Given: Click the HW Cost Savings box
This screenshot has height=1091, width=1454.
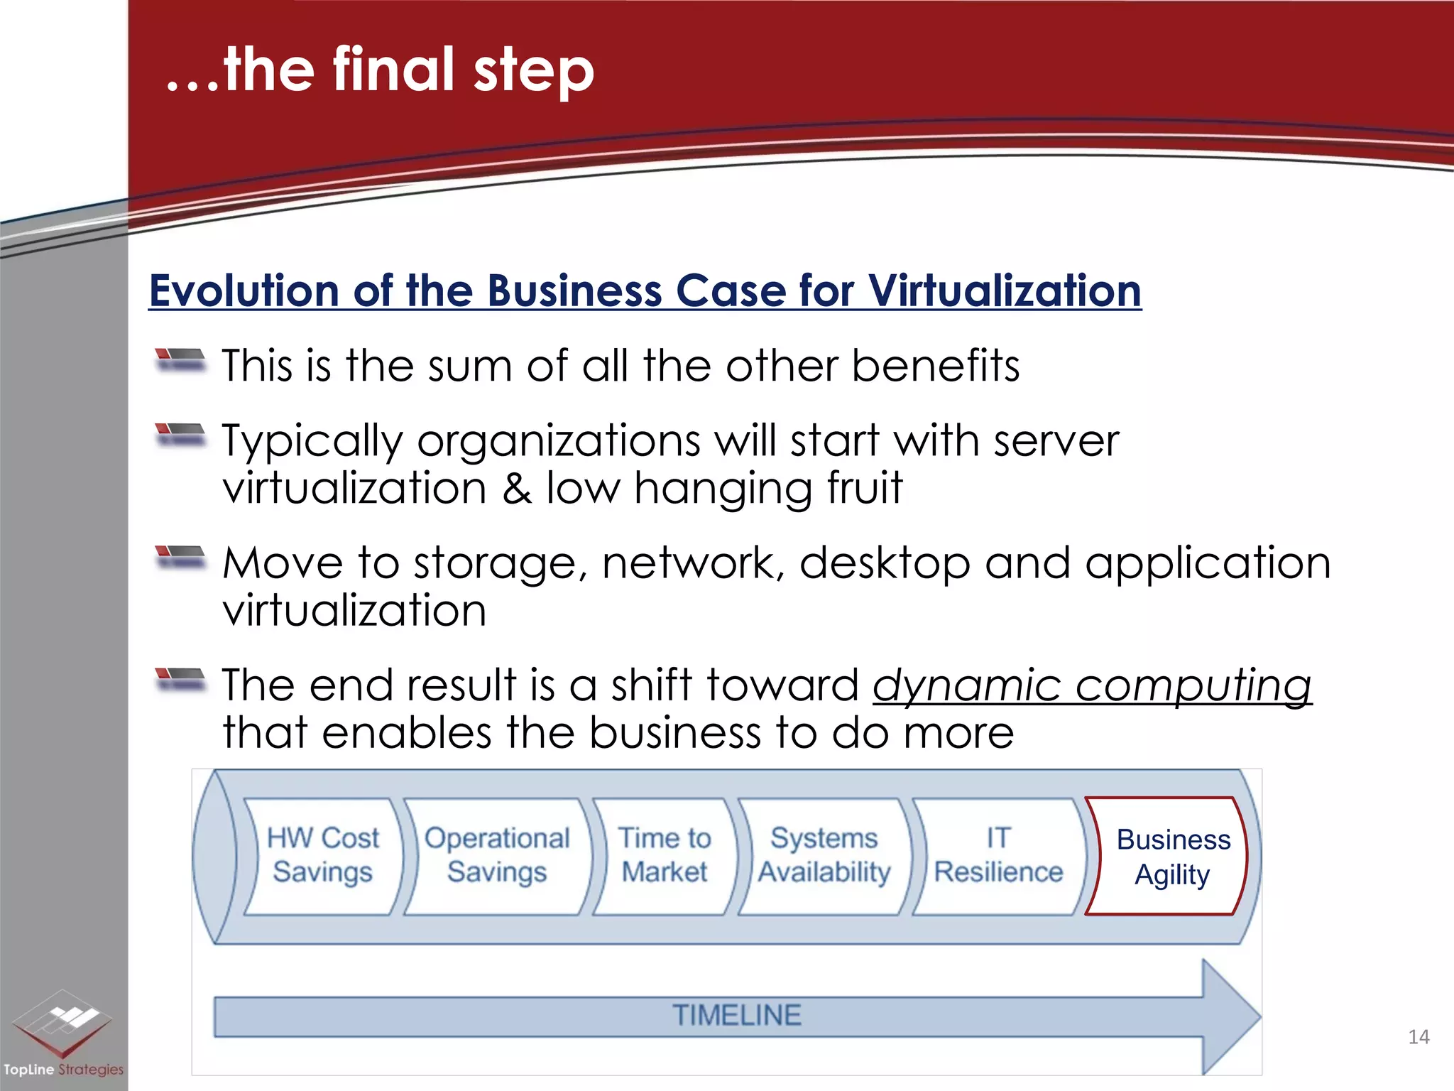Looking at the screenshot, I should [323, 855].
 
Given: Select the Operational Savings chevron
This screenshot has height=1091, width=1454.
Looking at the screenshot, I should [497, 855].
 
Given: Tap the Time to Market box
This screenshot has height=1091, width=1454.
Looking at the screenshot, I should [664, 855].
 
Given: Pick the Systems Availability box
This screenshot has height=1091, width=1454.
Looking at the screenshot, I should [824, 855].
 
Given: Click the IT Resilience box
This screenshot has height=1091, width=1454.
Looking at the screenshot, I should [997, 855].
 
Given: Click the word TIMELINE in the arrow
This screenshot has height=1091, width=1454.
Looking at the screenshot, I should [737, 1016].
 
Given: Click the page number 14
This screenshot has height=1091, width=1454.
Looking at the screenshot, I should [1419, 1037].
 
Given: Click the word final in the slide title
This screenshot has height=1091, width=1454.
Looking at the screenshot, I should [393, 70].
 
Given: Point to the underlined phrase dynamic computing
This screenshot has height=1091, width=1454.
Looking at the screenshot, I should [1092, 686].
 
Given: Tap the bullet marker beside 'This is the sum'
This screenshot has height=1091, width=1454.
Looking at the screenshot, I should [180, 359].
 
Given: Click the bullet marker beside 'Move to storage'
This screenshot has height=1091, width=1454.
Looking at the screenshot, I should [180, 556].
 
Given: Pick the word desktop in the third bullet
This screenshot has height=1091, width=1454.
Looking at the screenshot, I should [885, 563].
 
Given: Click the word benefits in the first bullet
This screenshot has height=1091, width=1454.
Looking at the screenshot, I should [935, 367].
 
